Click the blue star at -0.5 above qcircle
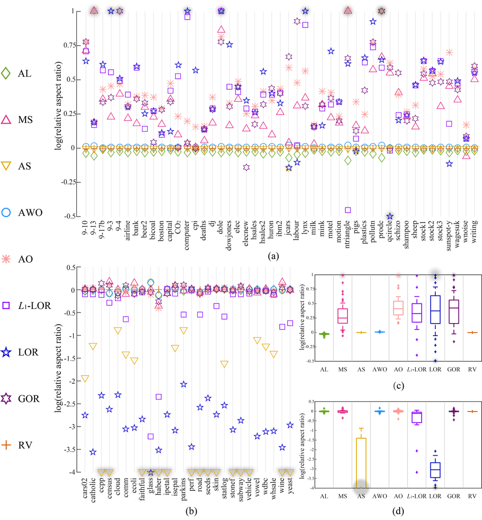tap(390, 216)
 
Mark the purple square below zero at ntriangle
tap(347, 210)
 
